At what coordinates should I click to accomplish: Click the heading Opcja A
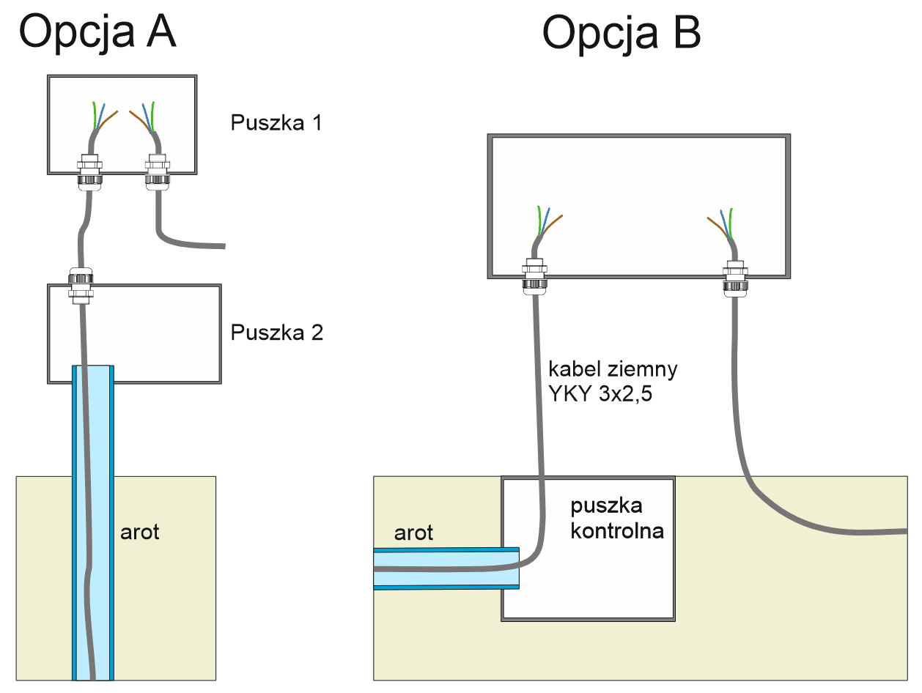[x=97, y=33]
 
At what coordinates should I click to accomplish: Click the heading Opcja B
[x=622, y=33]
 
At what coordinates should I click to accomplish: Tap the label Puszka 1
[x=276, y=122]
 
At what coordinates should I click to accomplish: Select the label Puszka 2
[x=276, y=333]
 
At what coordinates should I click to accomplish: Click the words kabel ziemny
[x=613, y=369]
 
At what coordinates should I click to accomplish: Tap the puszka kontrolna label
[x=616, y=517]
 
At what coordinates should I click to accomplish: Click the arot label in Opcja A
[x=139, y=531]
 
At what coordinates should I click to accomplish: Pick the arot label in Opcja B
[x=413, y=533]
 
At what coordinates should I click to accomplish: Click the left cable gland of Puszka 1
[x=90, y=170]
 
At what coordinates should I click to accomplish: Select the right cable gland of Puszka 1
[x=155, y=170]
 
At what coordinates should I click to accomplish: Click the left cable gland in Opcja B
[x=534, y=275]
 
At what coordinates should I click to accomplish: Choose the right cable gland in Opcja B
[x=734, y=275]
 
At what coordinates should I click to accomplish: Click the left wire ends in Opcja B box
[x=547, y=222]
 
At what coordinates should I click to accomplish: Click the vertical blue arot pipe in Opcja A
[x=92, y=513]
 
